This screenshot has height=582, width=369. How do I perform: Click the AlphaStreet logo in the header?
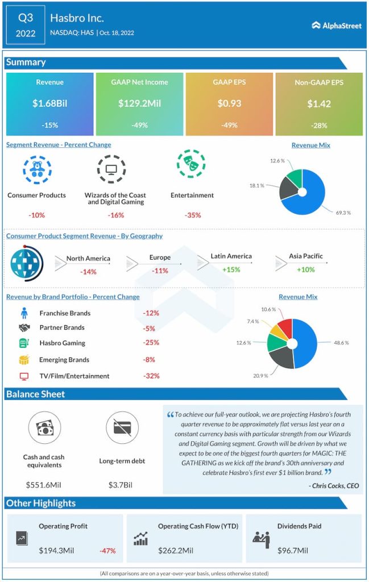337,25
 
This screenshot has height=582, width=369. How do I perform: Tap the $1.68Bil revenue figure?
49,103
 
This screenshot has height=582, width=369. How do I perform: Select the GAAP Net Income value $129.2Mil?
139,103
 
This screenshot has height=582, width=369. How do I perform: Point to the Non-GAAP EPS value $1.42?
318,103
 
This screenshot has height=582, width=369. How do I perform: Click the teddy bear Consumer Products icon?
36,168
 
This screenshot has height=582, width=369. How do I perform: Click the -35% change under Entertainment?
193,215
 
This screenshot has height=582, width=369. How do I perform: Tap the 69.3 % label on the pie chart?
342,212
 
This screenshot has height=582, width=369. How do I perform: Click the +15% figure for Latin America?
231,269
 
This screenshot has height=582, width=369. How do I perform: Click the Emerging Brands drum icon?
24,360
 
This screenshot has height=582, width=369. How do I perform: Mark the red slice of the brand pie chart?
285,328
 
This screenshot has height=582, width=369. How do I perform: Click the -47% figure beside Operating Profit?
108,550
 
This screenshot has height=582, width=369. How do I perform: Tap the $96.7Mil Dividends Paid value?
292,550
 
